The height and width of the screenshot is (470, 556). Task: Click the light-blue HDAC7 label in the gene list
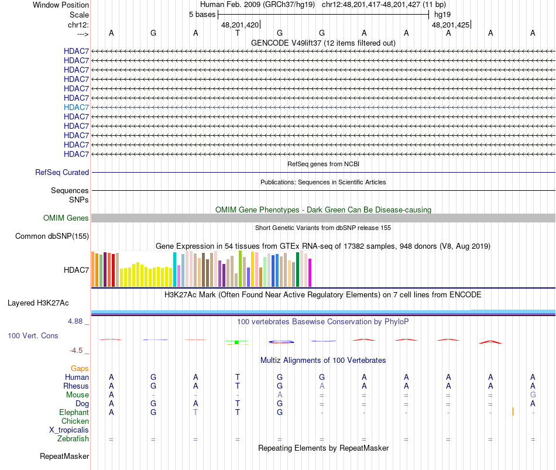click(76, 107)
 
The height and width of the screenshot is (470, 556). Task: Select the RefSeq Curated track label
click(62, 173)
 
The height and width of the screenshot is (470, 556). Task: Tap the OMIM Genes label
click(66, 218)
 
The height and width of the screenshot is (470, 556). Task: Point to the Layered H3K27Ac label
click(38, 303)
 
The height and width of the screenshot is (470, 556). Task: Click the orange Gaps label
click(80, 368)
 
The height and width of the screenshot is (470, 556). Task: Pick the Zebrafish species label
click(73, 438)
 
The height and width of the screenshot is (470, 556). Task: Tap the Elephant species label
click(74, 412)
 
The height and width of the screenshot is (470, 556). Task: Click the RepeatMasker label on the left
click(64, 456)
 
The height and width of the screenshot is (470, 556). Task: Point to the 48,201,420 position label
click(240, 25)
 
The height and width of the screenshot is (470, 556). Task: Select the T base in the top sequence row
click(238, 33)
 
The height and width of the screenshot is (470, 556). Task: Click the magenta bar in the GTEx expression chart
click(310, 273)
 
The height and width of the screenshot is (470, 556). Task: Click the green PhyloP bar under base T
click(236, 342)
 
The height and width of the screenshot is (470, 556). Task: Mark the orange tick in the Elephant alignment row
click(513, 411)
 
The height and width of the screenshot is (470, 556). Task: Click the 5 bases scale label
click(202, 15)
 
